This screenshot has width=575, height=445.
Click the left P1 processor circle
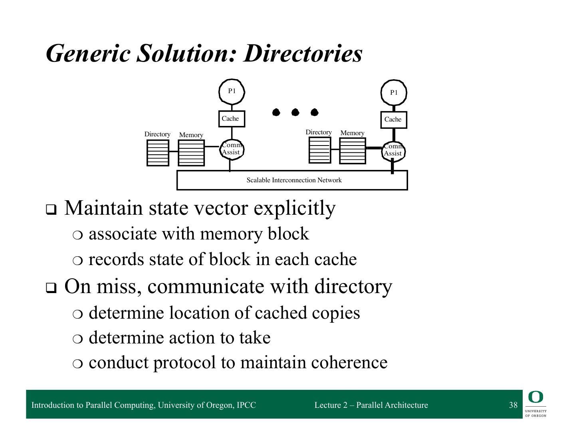coord(232,92)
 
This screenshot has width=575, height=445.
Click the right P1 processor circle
coord(394,93)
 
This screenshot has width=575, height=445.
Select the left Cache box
coord(232,119)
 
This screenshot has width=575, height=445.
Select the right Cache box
coord(393,120)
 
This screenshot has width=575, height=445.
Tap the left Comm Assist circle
coord(232,149)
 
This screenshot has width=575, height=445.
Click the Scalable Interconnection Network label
coord(294,180)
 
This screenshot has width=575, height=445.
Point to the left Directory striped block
coord(158,153)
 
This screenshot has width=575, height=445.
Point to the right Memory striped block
coord(352,151)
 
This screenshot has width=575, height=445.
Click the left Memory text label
coord(191,135)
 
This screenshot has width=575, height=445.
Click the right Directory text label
coord(318,132)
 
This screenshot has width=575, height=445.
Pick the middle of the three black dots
coord(295,112)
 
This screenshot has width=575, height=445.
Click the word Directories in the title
coord(303,53)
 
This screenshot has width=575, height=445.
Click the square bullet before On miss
coord(51,288)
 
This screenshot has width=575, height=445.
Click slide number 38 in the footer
coord(513,405)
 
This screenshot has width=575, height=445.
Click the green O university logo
coord(535,397)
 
